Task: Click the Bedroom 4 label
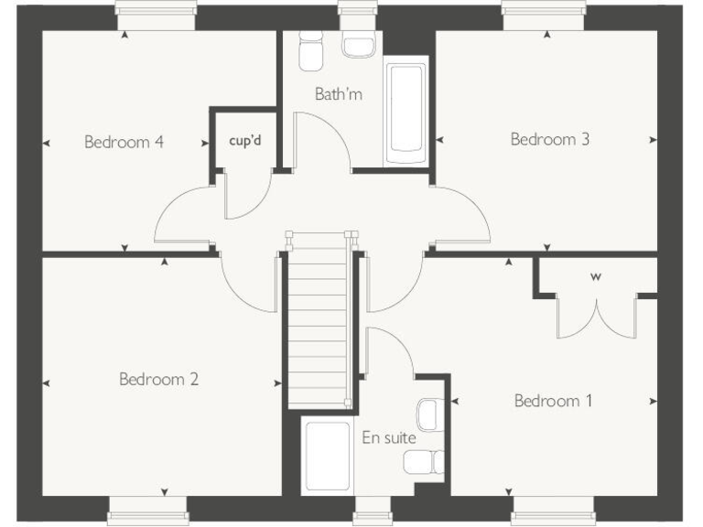(124, 142)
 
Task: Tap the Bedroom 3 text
(549, 139)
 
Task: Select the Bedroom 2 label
(158, 379)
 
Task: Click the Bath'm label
(339, 93)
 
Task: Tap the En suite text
(388, 437)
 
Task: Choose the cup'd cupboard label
(245, 142)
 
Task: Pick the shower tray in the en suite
(328, 456)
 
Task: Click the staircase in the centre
(319, 320)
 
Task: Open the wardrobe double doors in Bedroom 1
(596, 316)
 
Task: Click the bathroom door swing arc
(331, 137)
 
